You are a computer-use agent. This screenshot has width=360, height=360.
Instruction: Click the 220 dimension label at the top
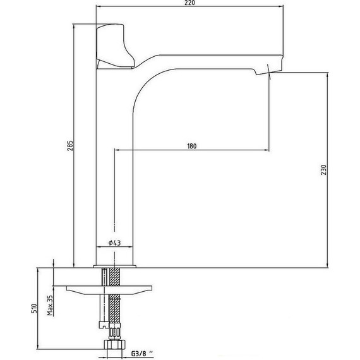[189, 3]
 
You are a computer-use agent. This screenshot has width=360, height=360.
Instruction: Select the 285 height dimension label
[70, 145]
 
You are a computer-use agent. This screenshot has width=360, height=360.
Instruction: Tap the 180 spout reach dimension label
[192, 146]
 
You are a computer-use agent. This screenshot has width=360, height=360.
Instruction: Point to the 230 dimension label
[323, 170]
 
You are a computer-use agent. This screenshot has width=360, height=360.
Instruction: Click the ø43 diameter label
[114, 243]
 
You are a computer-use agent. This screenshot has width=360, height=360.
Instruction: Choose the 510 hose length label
[34, 308]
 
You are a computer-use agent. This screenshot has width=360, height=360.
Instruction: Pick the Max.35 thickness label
[50, 305]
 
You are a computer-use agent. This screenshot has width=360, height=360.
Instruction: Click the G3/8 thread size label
[142, 354]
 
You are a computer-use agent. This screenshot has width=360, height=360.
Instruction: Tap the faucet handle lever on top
[115, 46]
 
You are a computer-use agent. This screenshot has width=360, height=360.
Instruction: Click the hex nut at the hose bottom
[115, 345]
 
